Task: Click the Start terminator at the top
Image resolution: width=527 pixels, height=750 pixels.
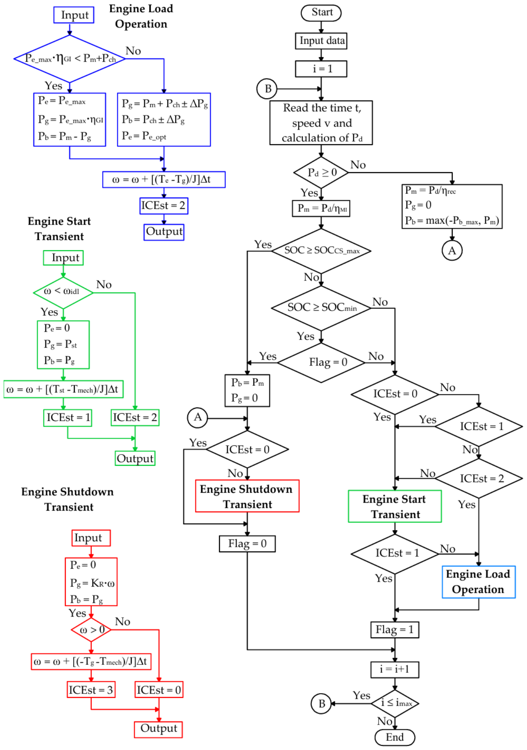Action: tap(321, 12)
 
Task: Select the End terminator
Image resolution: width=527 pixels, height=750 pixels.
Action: tap(395, 737)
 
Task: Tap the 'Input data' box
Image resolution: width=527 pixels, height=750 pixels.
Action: tap(321, 41)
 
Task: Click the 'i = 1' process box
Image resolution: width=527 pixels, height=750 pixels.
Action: tap(321, 69)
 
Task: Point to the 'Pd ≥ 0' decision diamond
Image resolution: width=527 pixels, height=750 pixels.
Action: tap(321, 173)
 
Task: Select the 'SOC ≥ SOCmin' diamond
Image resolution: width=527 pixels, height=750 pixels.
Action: tap(321, 308)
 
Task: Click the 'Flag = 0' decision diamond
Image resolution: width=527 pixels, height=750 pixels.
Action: tap(321, 362)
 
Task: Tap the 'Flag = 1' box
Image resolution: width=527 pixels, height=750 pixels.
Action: tap(395, 630)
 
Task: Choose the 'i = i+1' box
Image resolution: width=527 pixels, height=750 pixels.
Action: tap(395, 670)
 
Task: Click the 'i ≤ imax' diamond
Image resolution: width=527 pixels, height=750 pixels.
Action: tap(395, 703)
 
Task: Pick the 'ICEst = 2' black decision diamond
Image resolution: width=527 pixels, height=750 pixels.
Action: tap(478, 478)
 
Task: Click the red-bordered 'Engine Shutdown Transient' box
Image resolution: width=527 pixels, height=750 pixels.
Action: tap(247, 496)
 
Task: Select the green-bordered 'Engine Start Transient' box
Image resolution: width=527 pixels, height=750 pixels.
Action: tap(395, 506)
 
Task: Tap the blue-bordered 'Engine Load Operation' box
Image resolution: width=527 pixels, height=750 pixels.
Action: tap(478, 582)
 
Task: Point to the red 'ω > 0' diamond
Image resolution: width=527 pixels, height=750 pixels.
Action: tap(91, 630)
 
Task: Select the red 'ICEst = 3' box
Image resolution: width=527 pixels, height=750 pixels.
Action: tap(91, 690)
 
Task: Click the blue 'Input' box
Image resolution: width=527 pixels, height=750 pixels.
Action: tap(74, 15)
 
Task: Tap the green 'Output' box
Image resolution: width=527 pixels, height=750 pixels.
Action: tap(135, 458)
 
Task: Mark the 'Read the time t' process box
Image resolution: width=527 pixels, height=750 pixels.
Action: tap(321, 122)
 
